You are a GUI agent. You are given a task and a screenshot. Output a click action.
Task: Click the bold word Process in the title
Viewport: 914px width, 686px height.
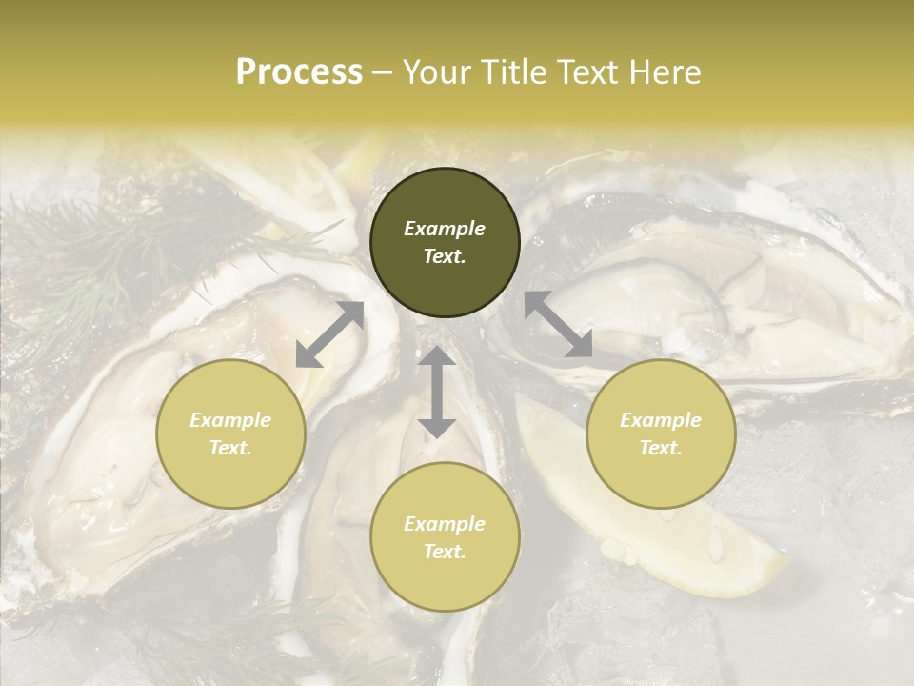tap(299, 72)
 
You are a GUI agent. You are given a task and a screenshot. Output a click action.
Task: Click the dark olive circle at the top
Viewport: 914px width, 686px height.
tap(445, 242)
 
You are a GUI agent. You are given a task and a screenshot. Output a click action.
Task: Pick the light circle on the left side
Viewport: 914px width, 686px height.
tap(230, 434)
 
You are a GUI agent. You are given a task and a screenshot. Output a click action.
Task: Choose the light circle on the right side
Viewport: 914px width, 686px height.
tap(661, 434)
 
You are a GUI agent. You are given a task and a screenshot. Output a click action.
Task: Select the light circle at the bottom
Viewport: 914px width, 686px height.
tap(445, 537)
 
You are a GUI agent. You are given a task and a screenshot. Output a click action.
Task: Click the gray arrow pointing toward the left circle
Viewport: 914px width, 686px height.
tap(329, 334)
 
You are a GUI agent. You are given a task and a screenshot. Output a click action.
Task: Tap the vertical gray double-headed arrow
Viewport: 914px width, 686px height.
tap(437, 392)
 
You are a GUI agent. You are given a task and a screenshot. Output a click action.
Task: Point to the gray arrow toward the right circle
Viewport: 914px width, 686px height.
tap(558, 324)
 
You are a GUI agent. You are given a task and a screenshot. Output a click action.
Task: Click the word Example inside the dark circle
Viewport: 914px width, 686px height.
tap(445, 229)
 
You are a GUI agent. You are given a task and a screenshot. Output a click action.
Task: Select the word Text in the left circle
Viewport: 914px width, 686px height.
tap(230, 448)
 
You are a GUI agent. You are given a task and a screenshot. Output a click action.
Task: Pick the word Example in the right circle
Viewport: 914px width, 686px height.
tap(661, 420)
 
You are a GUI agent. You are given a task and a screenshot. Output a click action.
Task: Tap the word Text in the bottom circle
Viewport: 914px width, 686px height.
tap(445, 552)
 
